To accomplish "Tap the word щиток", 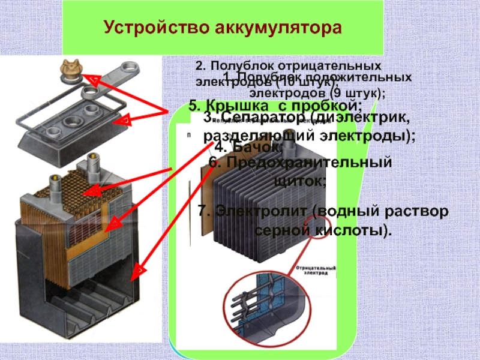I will click(x=300, y=179).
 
